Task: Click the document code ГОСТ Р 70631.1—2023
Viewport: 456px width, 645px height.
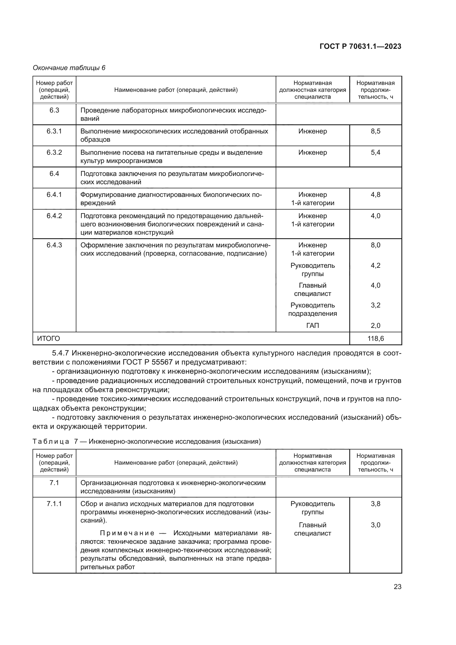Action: (360, 46)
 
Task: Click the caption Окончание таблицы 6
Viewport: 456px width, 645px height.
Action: (69, 68)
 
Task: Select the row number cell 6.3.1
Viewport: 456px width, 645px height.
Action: (54, 131)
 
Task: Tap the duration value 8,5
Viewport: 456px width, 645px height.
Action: (375, 131)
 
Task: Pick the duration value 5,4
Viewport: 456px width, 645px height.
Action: (375, 152)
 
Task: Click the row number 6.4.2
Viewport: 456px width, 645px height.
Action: (54, 216)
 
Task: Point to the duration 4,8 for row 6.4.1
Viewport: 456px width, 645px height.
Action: (375, 195)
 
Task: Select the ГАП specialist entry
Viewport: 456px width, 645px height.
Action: (313, 326)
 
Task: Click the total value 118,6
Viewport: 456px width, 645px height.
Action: (375, 339)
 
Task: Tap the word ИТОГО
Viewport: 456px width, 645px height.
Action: (48, 339)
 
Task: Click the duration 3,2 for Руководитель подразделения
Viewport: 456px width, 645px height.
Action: (375, 305)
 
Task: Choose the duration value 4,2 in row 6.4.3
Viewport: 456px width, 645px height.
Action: (375, 266)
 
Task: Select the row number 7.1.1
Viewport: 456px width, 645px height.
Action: (54, 504)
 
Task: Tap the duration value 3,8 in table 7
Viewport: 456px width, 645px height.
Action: (375, 504)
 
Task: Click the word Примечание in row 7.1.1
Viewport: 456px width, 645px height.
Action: (127, 533)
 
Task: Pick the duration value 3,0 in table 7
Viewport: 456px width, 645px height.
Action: (375, 525)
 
